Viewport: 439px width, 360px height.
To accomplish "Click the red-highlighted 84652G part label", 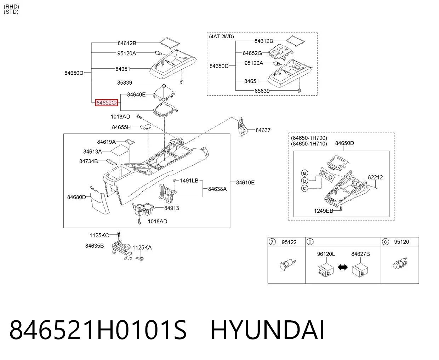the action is tap(106, 103).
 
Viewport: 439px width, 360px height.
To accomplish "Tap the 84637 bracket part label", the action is tap(263, 130).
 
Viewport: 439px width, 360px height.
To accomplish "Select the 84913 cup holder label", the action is tap(171, 208).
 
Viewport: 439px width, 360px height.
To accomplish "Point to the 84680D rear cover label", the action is tap(76, 197).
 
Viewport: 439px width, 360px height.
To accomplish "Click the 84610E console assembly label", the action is tap(245, 183).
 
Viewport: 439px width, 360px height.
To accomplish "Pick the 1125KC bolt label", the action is tap(99, 235).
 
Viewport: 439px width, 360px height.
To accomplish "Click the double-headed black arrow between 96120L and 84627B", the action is tap(343, 267).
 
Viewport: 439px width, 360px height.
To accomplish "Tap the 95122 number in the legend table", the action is tap(289, 242).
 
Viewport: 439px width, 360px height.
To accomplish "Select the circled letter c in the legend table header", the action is tap(386, 242).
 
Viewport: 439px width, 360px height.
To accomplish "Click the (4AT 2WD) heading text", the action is tap(222, 36).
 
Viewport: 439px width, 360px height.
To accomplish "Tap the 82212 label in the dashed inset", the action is tap(375, 177).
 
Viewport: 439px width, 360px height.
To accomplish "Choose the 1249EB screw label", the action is tap(324, 211).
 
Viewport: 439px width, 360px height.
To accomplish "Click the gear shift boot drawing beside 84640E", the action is tap(164, 92).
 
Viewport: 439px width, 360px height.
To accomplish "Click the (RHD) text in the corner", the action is tap(11, 7).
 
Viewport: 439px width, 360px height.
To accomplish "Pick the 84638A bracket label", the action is tap(217, 189).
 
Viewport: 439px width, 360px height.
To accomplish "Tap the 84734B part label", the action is tap(89, 161).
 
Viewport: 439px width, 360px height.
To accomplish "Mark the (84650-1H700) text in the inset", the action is tap(309, 138).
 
